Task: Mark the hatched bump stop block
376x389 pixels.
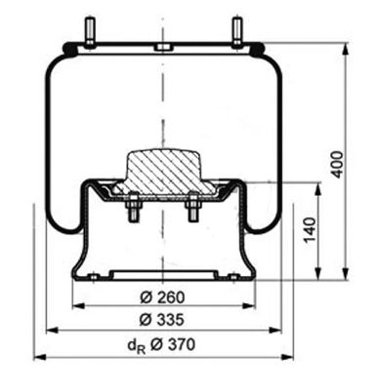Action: (161, 170)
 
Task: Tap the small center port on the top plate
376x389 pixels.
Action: (161, 47)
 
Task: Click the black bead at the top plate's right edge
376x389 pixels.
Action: (257, 46)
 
